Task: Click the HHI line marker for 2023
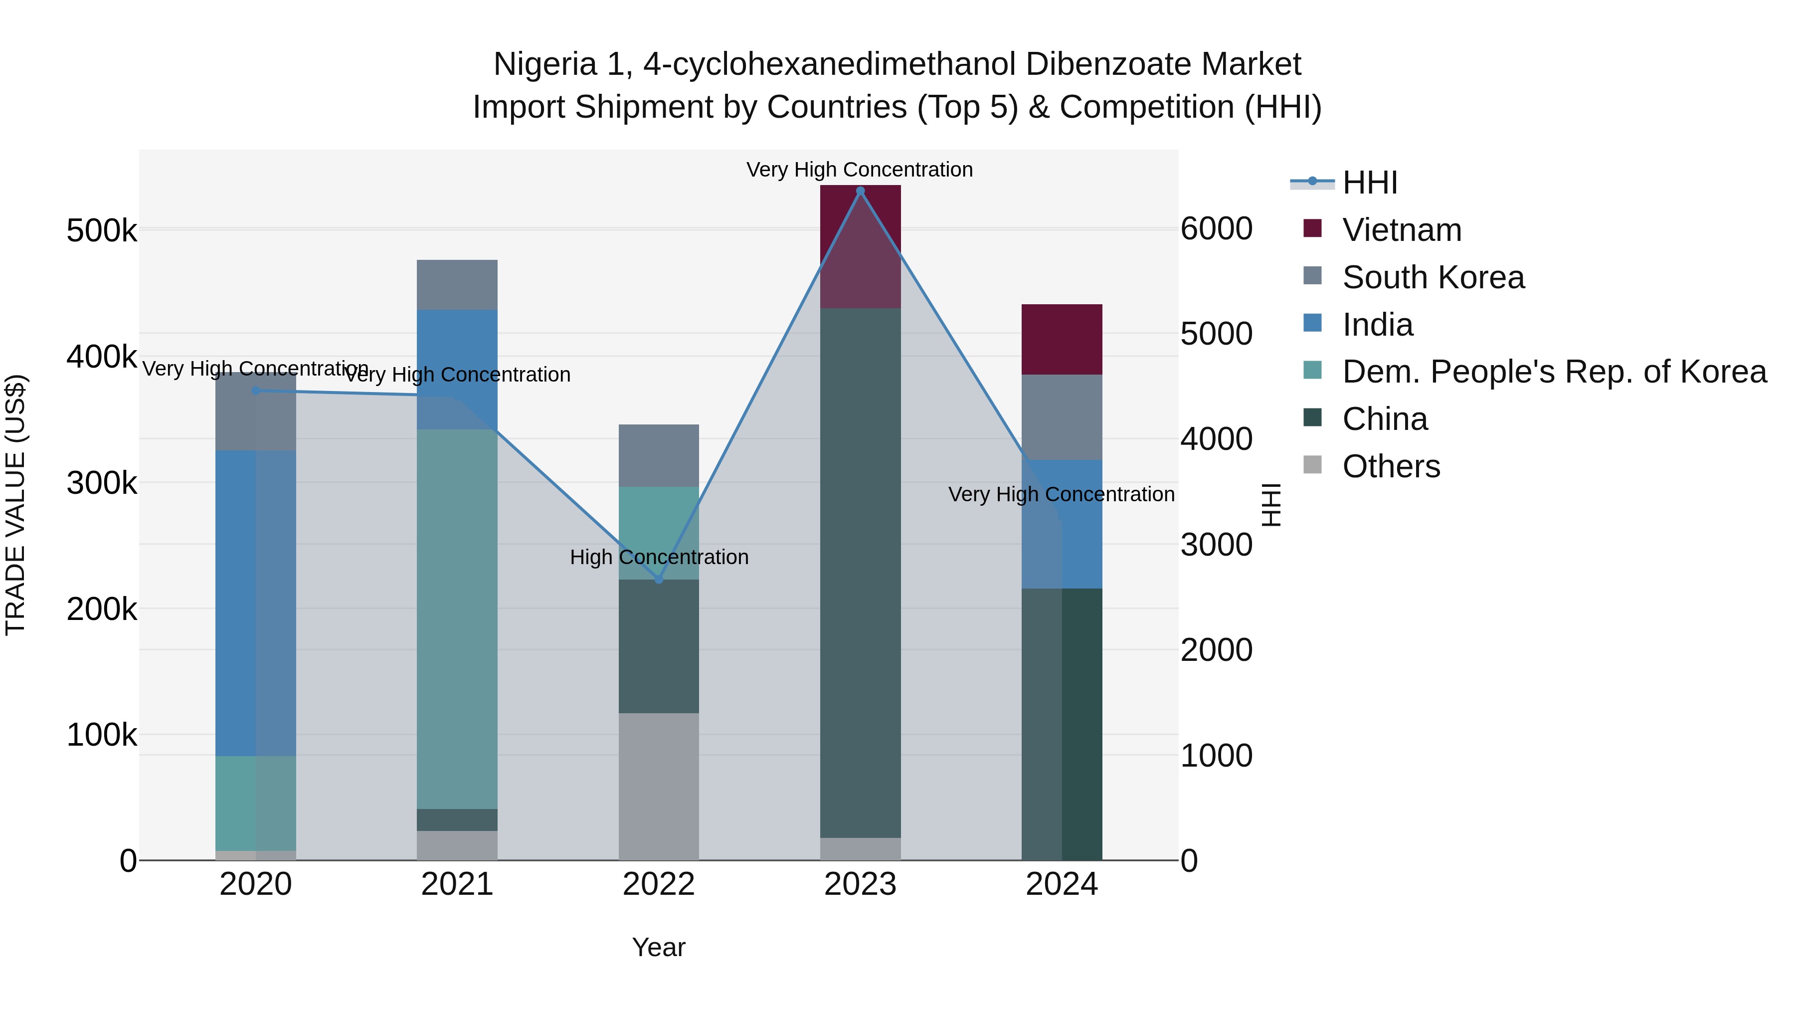point(860,191)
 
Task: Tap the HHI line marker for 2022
point(659,579)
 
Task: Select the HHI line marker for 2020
point(256,391)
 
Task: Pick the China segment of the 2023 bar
point(860,572)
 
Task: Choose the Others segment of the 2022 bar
point(659,786)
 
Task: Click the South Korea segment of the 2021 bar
point(457,284)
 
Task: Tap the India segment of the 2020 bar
point(256,603)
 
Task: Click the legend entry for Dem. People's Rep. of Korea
point(1554,372)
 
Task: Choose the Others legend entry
point(1391,466)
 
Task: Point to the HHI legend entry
point(1369,183)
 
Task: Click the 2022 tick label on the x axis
point(659,884)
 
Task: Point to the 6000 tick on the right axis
point(1217,228)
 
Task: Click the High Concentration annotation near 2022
point(659,557)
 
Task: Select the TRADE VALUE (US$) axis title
point(15,505)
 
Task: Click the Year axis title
point(659,947)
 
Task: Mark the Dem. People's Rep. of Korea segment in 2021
point(457,619)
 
